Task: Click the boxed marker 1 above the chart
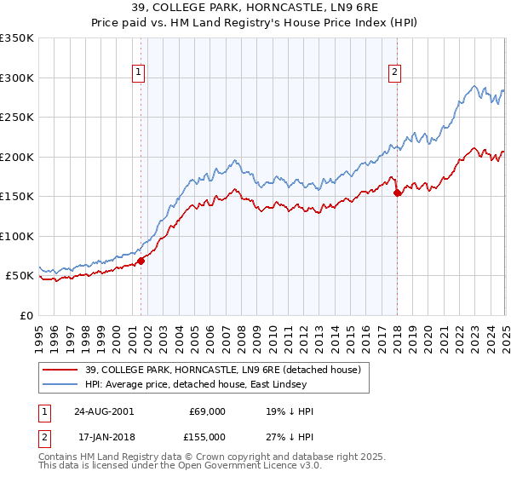138,73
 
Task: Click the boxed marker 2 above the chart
395,73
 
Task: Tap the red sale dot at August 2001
141,261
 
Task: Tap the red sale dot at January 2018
397,193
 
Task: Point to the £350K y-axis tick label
16,38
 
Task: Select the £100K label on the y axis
16,236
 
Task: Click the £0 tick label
26,315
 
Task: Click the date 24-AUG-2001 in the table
103,411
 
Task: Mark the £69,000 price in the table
208,411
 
